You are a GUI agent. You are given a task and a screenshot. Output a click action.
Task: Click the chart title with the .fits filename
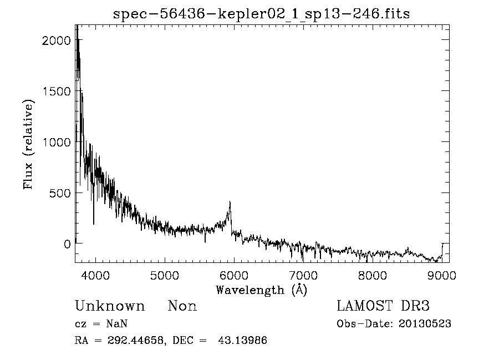click(x=261, y=14)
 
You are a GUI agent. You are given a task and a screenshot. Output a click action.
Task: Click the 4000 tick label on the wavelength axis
click(x=95, y=276)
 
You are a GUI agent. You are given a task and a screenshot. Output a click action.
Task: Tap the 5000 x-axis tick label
click(x=165, y=276)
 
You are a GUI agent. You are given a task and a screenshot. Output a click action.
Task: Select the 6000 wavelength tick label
click(x=234, y=276)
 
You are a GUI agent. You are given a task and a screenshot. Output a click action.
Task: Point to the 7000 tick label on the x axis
click(x=303, y=276)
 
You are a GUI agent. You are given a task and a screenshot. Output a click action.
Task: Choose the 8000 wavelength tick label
click(x=373, y=276)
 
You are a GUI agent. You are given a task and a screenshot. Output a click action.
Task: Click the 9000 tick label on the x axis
click(x=442, y=276)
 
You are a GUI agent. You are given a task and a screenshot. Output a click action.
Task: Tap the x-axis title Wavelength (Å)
click(x=261, y=290)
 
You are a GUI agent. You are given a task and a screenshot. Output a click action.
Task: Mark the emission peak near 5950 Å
click(x=230, y=202)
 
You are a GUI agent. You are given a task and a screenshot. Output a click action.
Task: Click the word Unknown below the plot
click(x=109, y=306)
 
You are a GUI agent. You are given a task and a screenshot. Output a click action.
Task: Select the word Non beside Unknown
click(x=182, y=306)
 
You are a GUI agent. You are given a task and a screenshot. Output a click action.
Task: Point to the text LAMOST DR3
click(x=383, y=306)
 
